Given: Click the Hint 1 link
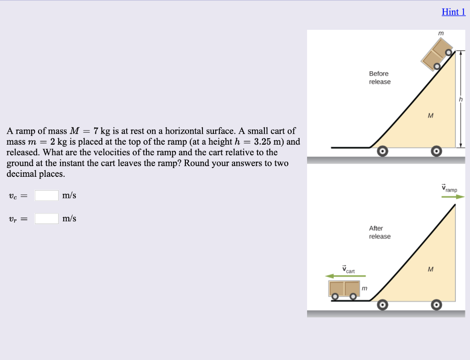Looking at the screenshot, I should pos(453,12).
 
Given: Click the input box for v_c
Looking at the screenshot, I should pos(47,195).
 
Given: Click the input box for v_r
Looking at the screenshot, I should pos(47,218).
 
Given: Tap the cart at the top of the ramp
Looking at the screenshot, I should pos(437,54).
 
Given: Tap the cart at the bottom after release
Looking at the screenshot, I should pos(344,289).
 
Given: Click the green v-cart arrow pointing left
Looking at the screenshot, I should pos(346,276).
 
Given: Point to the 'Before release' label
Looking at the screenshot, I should pos(380,78).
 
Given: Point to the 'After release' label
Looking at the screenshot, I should pos(380,232).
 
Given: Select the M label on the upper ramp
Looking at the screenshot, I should pos(430,115).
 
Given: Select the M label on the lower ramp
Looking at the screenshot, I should pos(430,269).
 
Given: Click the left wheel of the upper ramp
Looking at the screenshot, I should pos(382,151).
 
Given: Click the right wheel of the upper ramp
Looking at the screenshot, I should pos(437,151).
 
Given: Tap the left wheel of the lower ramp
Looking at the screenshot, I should pos(382,305).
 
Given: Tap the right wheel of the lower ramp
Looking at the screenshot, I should pos(437,305).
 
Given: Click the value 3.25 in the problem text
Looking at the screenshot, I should pos(265,141).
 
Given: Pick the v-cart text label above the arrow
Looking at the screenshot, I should pos(348,270).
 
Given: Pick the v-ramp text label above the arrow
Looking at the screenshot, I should pos(449,188).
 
